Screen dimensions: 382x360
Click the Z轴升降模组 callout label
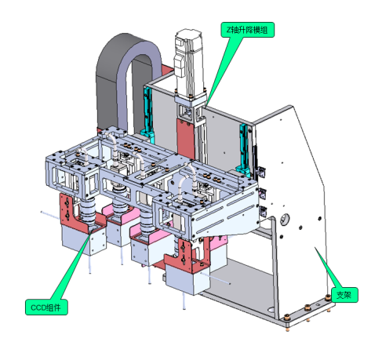click(247, 30)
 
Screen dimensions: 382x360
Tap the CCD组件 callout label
click(46, 307)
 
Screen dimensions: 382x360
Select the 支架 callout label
click(344, 295)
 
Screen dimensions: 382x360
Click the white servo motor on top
click(189, 63)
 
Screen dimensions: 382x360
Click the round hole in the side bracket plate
click(285, 219)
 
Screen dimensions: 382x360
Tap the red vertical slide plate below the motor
click(186, 139)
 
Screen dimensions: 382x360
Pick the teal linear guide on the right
click(244, 149)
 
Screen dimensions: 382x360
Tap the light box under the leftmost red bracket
click(84, 241)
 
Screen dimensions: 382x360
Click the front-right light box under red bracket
click(187, 280)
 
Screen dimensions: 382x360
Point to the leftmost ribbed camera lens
click(88, 211)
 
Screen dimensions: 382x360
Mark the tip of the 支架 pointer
click(315, 247)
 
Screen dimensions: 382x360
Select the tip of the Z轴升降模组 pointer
click(206, 107)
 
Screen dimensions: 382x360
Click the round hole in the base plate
click(271, 309)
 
